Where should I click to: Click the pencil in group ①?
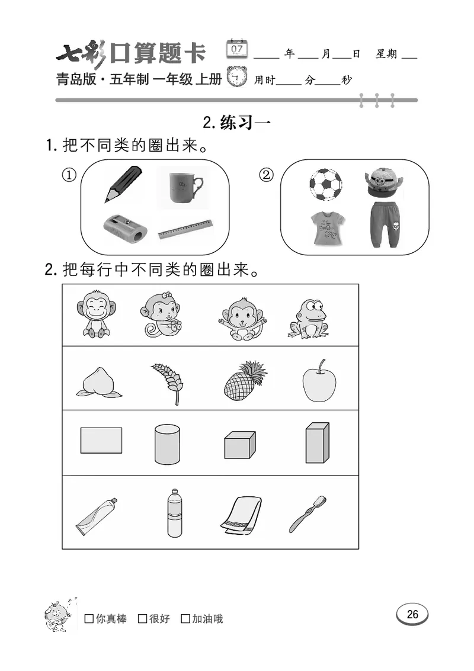tap(123, 183)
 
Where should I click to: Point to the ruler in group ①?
tap(185, 229)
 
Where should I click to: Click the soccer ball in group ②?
tap(325, 185)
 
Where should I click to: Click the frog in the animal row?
tap(308, 318)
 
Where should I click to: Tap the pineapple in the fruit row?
tap(244, 380)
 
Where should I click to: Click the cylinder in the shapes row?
tap(167, 444)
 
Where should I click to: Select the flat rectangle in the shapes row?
tap(101, 441)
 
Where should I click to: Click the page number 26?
tap(412, 614)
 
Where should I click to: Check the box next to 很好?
tap(142, 619)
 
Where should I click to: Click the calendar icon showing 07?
tap(237, 49)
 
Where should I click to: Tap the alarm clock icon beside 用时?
tap(238, 77)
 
